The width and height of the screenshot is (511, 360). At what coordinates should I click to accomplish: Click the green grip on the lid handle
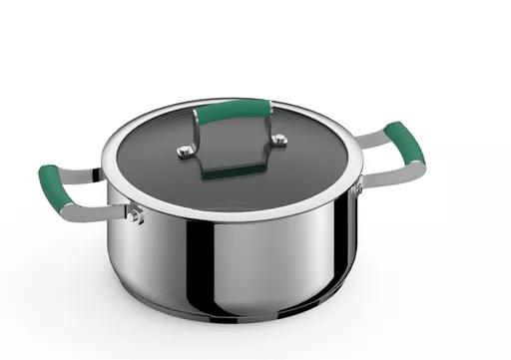pyautogui.click(x=237, y=108)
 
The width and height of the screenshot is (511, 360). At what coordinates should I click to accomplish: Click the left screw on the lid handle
pyautogui.click(x=184, y=152)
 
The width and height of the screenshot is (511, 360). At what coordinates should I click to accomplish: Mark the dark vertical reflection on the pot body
pyautogui.click(x=210, y=269)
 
